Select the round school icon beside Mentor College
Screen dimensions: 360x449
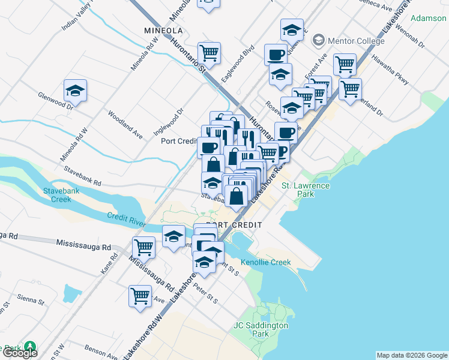(x=318, y=41)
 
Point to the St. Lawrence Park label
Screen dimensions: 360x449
(x=306, y=190)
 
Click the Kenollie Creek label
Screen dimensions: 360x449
(x=265, y=262)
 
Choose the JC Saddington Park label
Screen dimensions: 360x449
(x=260, y=329)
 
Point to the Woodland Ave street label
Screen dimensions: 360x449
(x=124, y=125)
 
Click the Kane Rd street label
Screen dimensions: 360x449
(x=109, y=263)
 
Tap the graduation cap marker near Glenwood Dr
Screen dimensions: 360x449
(x=76, y=91)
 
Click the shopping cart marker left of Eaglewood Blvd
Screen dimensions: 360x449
(x=209, y=53)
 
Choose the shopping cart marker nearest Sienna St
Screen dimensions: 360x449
(x=140, y=296)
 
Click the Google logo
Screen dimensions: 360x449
(x=19, y=353)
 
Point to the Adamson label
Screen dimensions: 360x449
(x=429, y=18)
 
